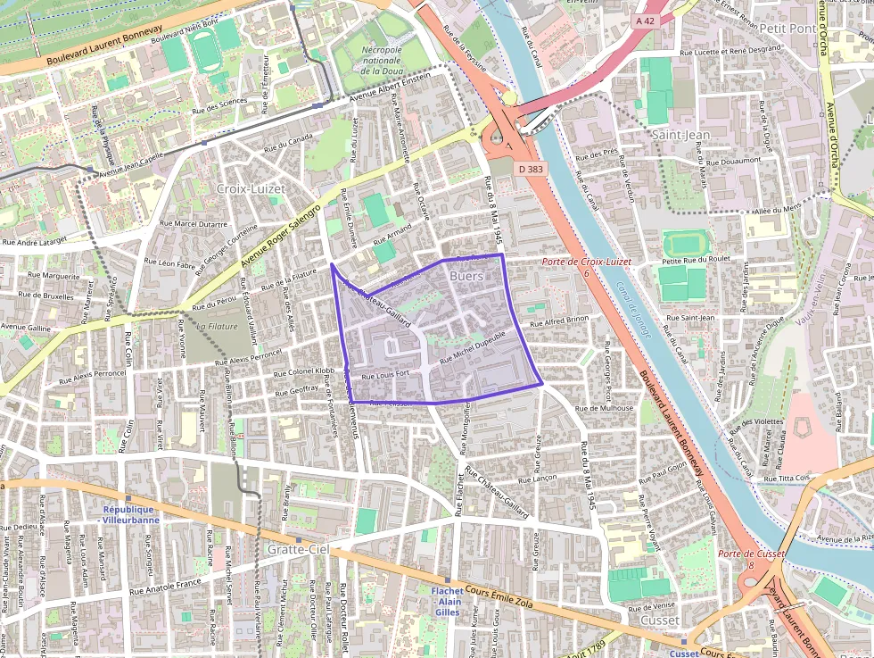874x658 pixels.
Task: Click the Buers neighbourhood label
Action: click(467, 277)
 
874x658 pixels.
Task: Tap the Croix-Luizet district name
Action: click(251, 189)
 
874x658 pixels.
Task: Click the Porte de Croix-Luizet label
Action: click(586, 262)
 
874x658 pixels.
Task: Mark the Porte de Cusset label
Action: click(751, 554)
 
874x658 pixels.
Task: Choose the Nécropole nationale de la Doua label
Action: click(383, 60)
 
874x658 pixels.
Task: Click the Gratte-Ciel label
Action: click(299, 550)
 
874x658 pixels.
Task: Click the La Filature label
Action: click(216, 327)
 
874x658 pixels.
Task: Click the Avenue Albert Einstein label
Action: click(389, 87)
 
